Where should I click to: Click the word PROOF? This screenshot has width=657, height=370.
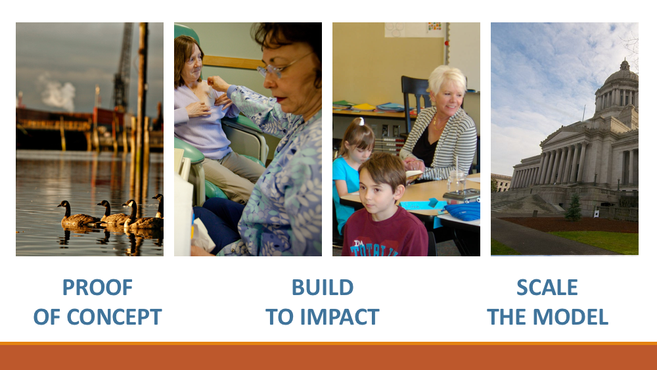coord(97,287)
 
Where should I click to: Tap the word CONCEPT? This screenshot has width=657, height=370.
coord(114,317)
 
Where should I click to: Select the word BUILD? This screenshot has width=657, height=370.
coord(322,287)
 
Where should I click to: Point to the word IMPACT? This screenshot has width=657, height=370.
coord(340,317)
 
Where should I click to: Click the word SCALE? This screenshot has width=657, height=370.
coord(547,287)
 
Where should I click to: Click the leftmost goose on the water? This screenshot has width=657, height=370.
coord(76,214)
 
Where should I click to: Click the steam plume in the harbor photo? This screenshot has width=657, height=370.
coord(57,92)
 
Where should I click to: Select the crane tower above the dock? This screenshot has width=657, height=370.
coord(124,67)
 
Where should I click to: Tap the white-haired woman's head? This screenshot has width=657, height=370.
coord(447,86)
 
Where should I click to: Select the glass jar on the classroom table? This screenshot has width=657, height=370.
coord(456,181)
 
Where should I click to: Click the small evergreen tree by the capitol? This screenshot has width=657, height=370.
coord(573,208)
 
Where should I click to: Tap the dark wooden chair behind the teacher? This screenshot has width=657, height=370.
coord(415,101)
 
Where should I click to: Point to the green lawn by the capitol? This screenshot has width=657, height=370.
coord(599,241)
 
